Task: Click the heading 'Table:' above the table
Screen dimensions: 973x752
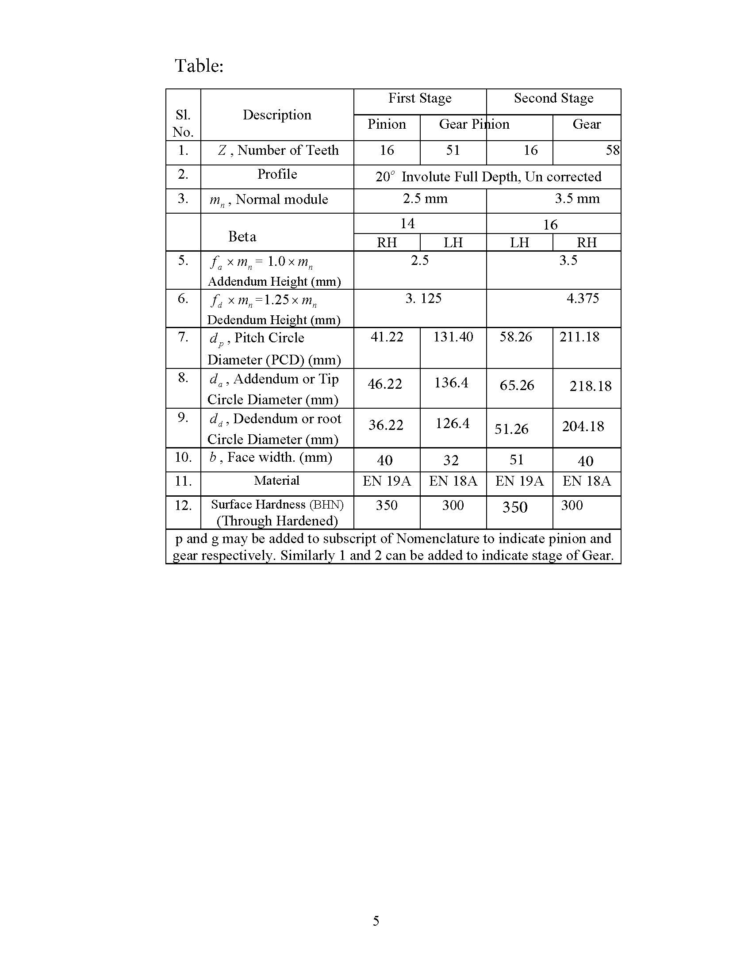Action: (199, 65)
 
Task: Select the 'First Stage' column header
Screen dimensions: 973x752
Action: (420, 98)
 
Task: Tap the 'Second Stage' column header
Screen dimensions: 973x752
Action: (553, 98)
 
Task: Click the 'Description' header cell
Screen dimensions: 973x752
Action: (276, 115)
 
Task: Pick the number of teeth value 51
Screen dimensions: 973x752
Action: (453, 150)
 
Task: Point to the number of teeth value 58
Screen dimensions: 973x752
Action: (612, 150)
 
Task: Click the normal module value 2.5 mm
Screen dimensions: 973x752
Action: (425, 199)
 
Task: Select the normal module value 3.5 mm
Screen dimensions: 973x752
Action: (577, 199)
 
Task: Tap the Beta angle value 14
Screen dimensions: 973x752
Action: (407, 223)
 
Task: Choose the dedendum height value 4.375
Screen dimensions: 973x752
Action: (583, 298)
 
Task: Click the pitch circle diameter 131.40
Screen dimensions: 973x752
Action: (453, 337)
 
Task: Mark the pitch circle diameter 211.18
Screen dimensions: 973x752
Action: (579, 337)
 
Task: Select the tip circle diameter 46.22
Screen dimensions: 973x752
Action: (384, 384)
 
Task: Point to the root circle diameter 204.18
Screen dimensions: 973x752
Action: (583, 427)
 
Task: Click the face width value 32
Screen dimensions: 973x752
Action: (451, 460)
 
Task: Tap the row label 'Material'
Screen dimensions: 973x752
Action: (276, 481)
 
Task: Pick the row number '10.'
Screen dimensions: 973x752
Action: (183, 458)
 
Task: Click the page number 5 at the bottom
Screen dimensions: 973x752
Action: (376, 920)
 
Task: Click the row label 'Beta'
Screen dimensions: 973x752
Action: (242, 237)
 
